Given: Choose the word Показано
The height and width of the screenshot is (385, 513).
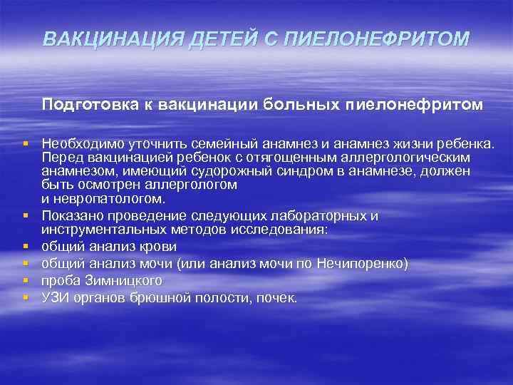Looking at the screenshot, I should pos(71,215).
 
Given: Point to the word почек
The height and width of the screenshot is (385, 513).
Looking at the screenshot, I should pos(277,297).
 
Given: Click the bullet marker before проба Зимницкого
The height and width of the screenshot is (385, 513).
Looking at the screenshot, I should pos(25,280).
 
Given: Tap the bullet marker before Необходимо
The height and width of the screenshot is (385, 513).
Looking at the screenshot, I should pos(25,143).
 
